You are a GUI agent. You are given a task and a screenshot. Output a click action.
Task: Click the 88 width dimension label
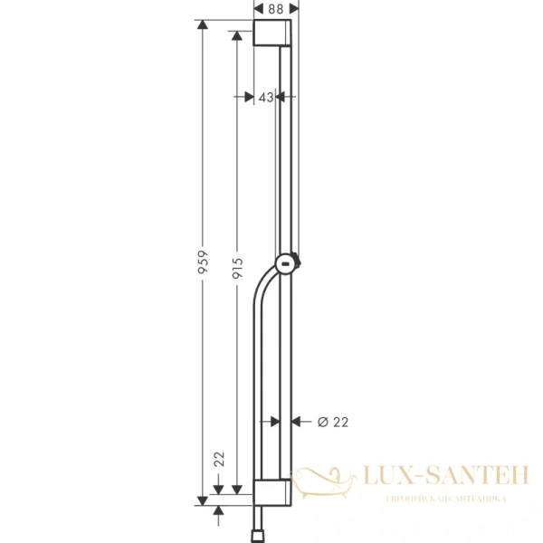pyautogui.click(x=276, y=8)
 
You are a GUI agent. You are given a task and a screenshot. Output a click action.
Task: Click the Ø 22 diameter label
pyautogui.click(x=333, y=421)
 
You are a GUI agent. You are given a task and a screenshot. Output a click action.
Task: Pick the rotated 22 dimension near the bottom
pyautogui.click(x=218, y=459)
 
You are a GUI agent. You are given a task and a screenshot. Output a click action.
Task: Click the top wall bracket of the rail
pyautogui.click(x=272, y=35)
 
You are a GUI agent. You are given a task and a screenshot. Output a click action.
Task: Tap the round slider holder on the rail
pyautogui.click(x=286, y=263)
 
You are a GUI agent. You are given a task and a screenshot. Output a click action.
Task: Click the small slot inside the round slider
pyautogui.click(x=285, y=264)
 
